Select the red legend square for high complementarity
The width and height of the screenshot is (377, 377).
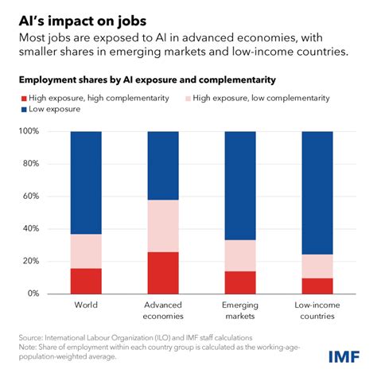(x=24, y=97)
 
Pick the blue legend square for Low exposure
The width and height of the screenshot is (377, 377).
(x=24, y=109)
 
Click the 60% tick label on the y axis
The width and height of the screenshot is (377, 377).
(x=37, y=196)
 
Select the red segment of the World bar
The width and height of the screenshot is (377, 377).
(x=87, y=281)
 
